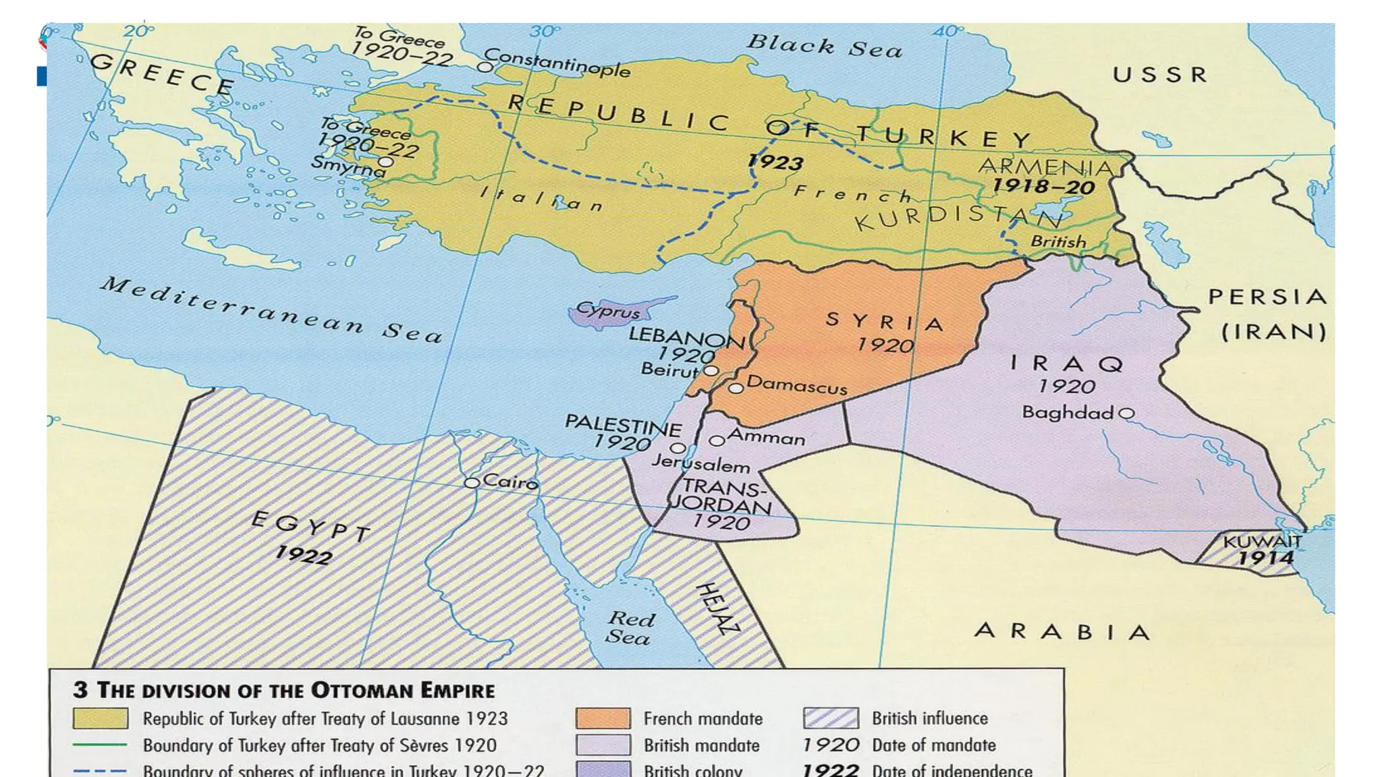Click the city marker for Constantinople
[485, 67]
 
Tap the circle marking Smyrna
[385, 162]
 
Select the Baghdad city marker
[1126, 413]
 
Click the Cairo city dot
[472, 483]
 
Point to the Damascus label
[796, 386]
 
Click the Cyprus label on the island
[607, 311]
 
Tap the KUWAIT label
[1262, 542]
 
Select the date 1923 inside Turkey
[775, 162]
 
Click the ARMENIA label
[1045, 167]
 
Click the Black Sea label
[824, 46]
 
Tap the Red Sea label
[630, 628]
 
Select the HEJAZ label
[717, 609]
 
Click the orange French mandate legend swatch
[603, 718]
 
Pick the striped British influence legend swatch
[831, 718]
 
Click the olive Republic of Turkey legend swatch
[101, 718]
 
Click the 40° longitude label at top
[948, 31]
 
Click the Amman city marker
[717, 441]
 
